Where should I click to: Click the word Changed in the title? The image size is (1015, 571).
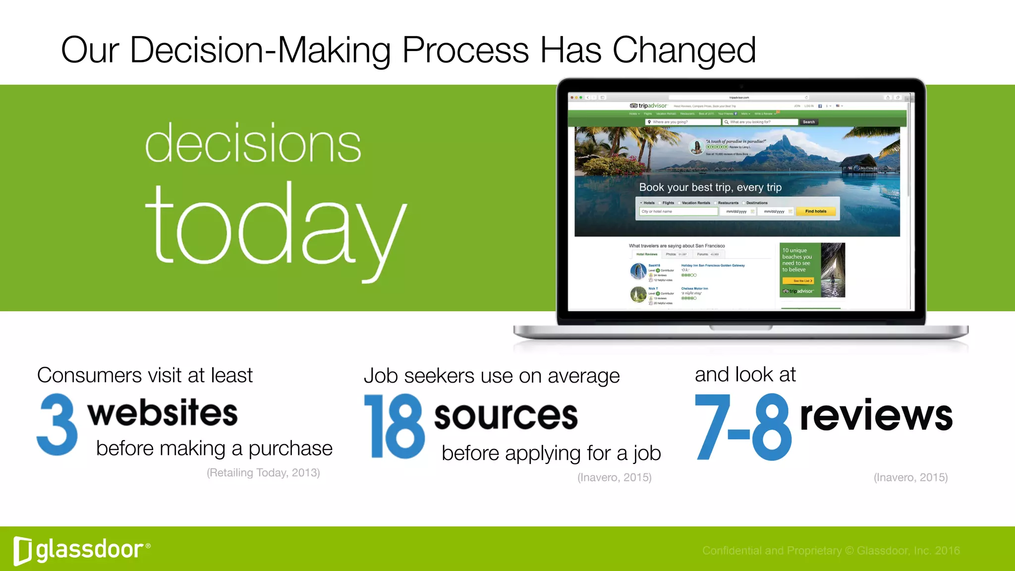pos(684,51)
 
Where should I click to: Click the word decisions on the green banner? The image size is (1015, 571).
pos(253,143)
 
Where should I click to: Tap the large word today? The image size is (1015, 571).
pos(276,228)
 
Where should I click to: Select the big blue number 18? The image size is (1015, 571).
pos(395,426)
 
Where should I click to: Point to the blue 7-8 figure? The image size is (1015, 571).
pos(742,427)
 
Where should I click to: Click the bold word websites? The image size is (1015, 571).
pos(163,413)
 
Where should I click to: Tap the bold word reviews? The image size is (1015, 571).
pos(876,415)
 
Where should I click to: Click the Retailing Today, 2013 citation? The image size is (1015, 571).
pos(263,473)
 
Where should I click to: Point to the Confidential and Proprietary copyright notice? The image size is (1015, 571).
pos(831,551)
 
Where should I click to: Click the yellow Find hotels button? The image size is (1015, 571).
pos(815,212)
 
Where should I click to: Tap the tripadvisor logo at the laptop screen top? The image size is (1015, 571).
pos(648,106)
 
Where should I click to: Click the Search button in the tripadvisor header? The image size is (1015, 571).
pos(808,122)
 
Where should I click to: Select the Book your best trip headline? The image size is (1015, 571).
pos(710,187)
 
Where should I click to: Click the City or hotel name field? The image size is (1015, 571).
pos(678,212)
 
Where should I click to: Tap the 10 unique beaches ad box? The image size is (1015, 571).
pos(812,270)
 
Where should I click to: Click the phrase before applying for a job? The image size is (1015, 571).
pos(551,453)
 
